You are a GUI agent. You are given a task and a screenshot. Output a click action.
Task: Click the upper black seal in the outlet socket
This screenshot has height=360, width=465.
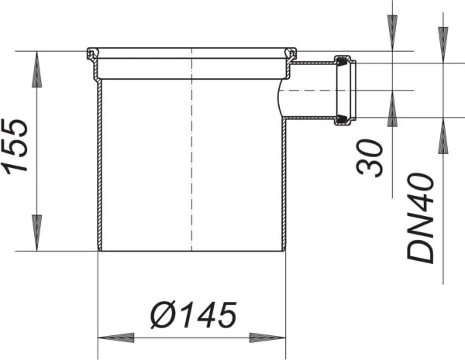(341, 59)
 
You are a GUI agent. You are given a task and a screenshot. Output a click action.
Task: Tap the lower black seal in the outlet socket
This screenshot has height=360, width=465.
(341, 120)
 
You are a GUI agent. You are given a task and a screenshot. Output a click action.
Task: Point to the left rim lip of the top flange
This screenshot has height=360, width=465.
(91, 55)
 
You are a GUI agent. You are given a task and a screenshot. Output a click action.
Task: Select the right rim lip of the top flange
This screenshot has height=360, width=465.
(293, 55)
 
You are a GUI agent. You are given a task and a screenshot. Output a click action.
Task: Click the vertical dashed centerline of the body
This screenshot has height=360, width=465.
(191, 155)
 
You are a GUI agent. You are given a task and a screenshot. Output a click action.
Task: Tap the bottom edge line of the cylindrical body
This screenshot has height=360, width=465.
(191, 249)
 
